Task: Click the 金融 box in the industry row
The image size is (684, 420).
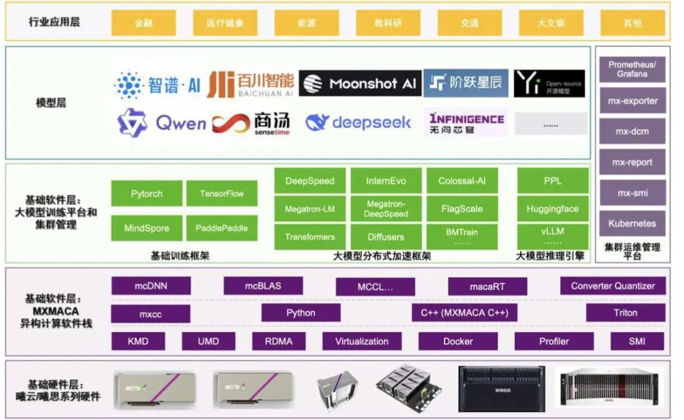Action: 144,23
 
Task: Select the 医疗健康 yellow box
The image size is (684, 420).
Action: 225,23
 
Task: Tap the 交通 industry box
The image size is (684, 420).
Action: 469,23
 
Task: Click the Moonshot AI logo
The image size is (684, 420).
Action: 360,83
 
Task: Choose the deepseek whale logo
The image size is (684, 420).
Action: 358,123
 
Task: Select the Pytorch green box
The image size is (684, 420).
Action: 147,194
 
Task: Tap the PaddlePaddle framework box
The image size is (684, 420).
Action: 222,228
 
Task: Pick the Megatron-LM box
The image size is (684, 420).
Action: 310,209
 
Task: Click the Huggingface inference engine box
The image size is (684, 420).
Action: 552,209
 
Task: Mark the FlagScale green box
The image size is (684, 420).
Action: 462,209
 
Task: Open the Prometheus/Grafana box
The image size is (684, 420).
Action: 632,70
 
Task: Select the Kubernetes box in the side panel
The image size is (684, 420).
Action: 632,223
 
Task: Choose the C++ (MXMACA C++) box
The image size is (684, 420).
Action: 469,312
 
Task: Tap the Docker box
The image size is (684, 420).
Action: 458,341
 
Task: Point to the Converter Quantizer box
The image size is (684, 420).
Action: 612,286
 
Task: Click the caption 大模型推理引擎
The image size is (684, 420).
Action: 550,256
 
